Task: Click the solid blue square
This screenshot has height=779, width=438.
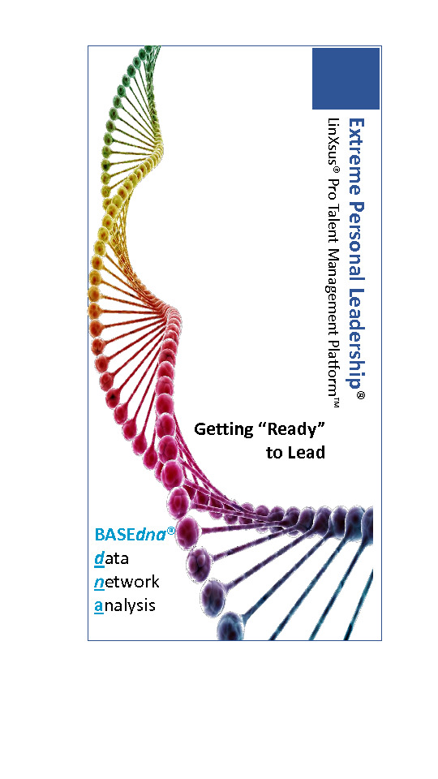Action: pyautogui.click(x=346, y=79)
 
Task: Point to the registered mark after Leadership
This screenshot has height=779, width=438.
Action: pyautogui.click(x=361, y=395)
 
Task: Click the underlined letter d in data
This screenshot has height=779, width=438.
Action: pyautogui.click(x=99, y=559)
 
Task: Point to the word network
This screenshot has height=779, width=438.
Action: pyautogui.click(x=127, y=582)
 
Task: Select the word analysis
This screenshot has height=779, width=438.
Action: pyautogui.click(x=125, y=606)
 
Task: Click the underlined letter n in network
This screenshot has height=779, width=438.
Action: pyautogui.click(x=99, y=583)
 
